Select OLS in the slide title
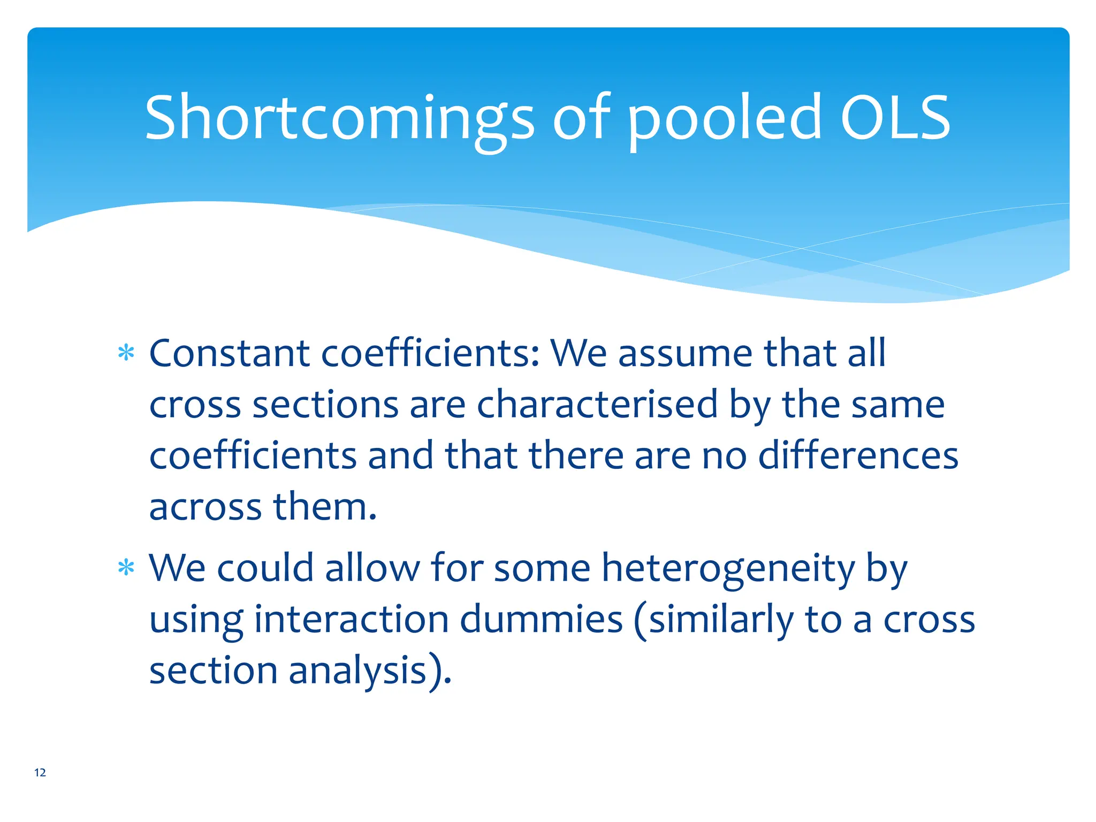[x=895, y=118]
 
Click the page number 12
[x=40, y=772]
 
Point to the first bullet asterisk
[x=126, y=354]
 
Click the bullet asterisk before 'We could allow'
[x=126, y=568]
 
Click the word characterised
[x=597, y=405]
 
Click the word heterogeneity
[x=728, y=568]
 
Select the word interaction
[x=351, y=619]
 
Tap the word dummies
[x=541, y=619]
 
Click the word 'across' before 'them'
[x=205, y=507]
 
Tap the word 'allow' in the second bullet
[x=372, y=568]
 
